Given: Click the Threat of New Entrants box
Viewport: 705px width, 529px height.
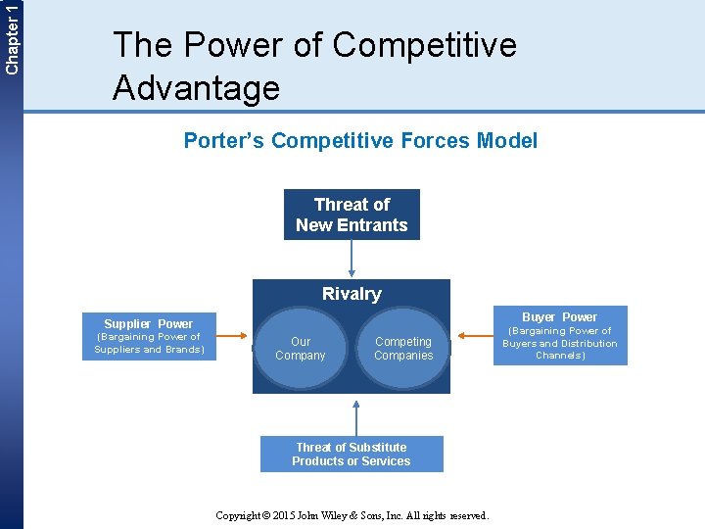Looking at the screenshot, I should (x=352, y=215).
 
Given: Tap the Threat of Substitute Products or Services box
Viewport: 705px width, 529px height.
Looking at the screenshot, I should (x=352, y=454).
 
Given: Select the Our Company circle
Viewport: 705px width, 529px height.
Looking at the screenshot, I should (x=301, y=349).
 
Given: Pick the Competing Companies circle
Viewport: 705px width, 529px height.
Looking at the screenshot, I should (x=403, y=349).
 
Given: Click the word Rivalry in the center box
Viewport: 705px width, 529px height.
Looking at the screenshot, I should (x=352, y=294).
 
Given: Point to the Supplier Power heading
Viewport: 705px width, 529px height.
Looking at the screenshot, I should (x=149, y=323).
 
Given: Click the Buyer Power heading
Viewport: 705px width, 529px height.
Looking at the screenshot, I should (x=559, y=316).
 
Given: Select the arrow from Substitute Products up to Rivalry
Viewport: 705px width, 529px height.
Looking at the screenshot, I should (x=356, y=415).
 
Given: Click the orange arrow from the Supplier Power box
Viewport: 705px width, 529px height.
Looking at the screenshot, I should (x=235, y=337).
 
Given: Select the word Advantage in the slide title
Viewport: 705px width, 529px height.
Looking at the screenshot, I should (x=196, y=88).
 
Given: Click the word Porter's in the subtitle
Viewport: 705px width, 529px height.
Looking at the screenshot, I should (x=224, y=141).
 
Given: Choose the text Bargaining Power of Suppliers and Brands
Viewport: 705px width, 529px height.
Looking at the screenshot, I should (x=149, y=343).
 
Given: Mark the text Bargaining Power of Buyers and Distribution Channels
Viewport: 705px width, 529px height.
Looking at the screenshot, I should (x=559, y=343).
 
